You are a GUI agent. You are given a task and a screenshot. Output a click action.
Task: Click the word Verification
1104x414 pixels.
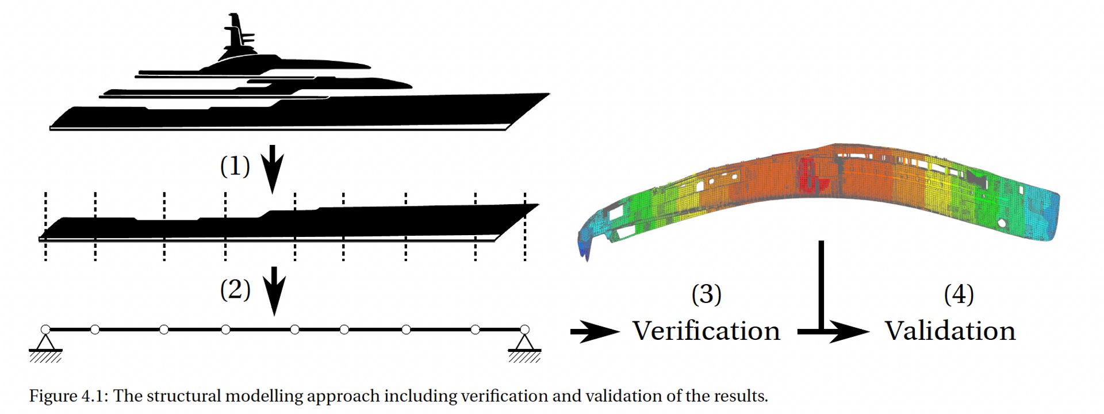coord(706,331)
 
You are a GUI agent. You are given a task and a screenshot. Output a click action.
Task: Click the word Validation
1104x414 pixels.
coord(950,331)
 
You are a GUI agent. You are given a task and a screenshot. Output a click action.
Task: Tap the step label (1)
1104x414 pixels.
coord(235,166)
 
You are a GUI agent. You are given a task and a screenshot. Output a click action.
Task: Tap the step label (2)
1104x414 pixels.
coord(235,289)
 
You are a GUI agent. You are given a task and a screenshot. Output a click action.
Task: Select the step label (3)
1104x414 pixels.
coord(706,294)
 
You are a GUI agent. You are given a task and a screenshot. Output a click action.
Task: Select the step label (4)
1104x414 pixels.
coord(959,294)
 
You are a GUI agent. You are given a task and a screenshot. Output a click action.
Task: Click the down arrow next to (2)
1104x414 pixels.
coord(274,290)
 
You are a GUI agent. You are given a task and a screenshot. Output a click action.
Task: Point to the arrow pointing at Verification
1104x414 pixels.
coord(594,332)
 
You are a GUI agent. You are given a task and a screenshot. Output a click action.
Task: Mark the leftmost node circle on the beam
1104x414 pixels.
coord(45,329)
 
